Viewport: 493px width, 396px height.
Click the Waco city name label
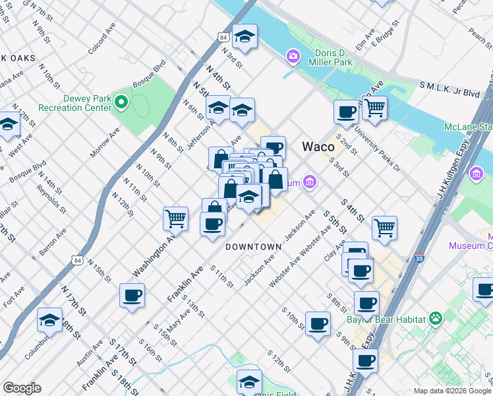[318, 147]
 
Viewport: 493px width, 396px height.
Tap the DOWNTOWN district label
[253, 247]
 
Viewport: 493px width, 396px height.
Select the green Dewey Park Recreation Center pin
[121, 102]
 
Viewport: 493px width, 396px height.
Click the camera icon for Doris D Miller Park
[292, 57]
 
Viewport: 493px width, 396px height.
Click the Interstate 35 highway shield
[419, 259]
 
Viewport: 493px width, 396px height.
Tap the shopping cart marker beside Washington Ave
[175, 218]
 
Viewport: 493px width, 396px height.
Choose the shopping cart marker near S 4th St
[384, 228]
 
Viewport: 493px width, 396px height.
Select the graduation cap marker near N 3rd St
[245, 37]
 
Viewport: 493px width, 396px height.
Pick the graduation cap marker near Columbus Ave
[49, 320]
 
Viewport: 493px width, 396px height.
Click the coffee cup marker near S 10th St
[318, 324]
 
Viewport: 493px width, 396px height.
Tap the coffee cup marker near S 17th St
[132, 295]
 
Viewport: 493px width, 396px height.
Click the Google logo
[22, 388]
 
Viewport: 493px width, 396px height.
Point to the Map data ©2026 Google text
[451, 391]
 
